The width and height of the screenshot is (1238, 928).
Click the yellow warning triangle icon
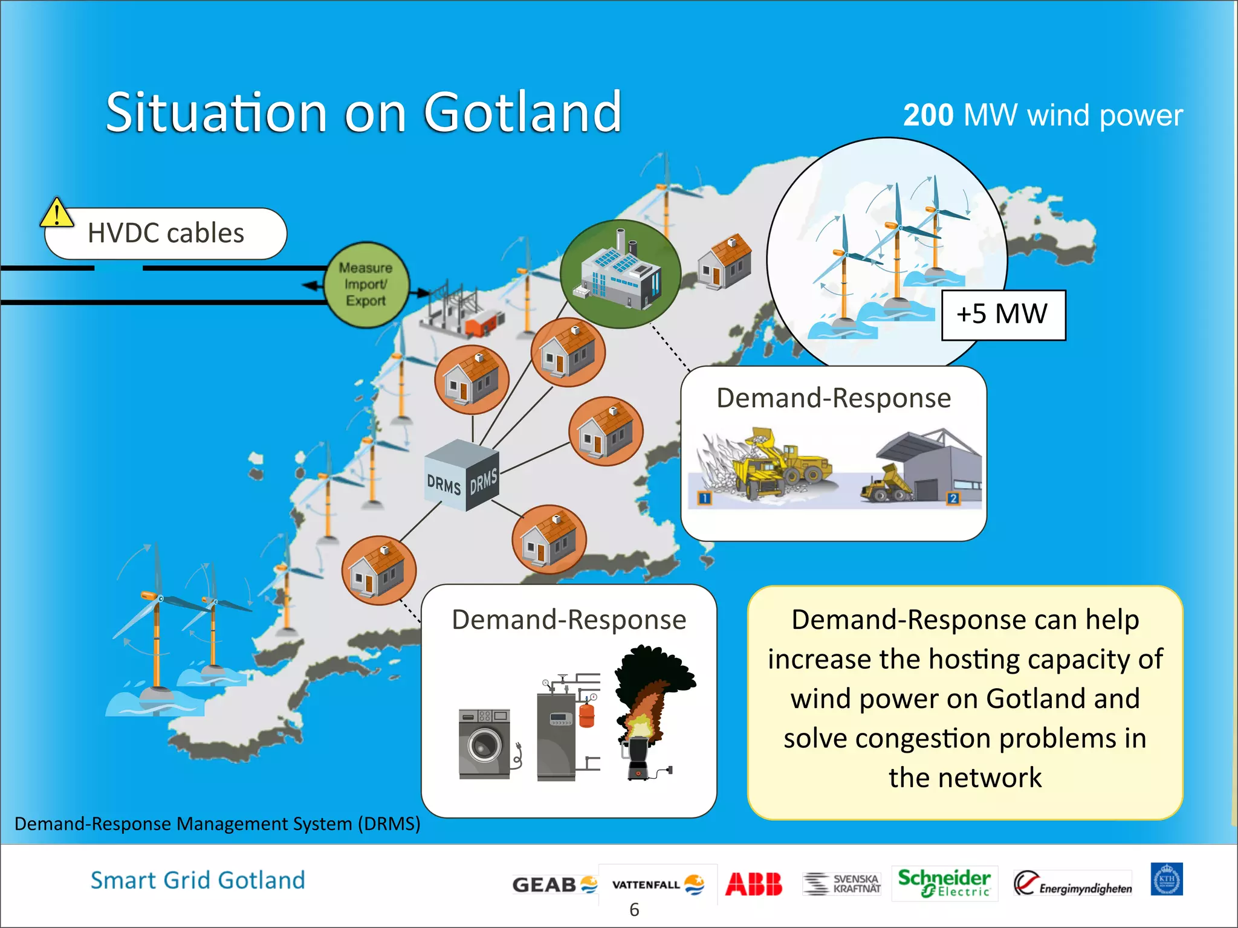56,213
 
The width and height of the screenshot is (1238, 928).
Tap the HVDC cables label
166,233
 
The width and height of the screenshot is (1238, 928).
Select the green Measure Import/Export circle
366,285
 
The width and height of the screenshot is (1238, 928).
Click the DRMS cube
462,475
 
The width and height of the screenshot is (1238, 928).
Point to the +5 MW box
1003,315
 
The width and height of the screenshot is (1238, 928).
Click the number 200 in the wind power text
928,115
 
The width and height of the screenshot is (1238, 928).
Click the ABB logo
753,884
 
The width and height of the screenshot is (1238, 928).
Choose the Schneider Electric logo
944,883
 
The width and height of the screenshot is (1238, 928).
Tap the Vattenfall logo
658,884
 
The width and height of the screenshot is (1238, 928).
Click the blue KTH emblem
1166,879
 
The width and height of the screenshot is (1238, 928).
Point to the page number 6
634,909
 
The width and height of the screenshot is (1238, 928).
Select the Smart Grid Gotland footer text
198,880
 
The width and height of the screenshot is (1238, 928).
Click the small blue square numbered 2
953,498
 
